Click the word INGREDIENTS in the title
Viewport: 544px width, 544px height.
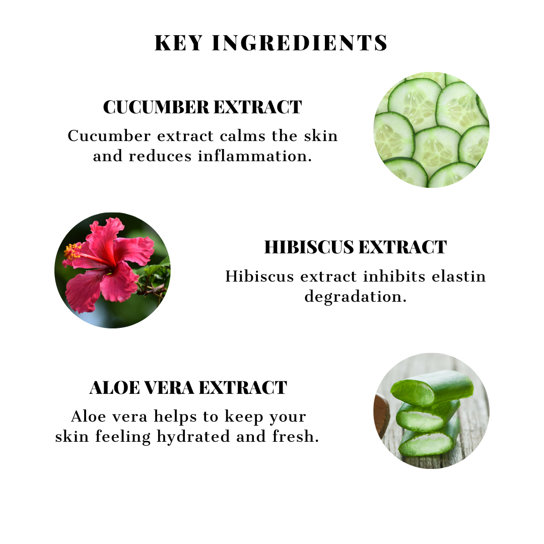point(300,43)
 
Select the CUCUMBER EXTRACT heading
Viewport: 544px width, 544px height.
point(202,107)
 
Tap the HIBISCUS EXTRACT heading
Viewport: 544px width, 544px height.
point(355,247)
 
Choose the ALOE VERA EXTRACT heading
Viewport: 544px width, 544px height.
point(188,388)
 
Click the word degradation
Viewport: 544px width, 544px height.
point(355,296)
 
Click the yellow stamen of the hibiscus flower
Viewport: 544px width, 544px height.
point(72,251)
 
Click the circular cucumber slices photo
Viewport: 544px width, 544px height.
point(431,130)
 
